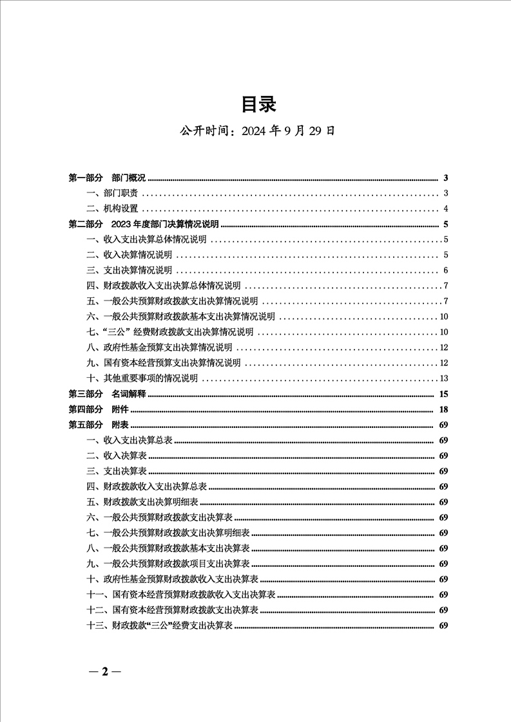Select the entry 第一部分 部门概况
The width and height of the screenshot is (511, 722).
coord(108,178)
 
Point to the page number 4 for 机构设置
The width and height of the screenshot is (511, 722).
coord(445,208)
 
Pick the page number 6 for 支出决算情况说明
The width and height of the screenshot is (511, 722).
coord(445,270)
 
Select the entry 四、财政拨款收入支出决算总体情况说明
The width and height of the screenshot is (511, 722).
coord(163,286)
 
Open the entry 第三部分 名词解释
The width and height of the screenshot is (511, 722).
coord(108,394)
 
